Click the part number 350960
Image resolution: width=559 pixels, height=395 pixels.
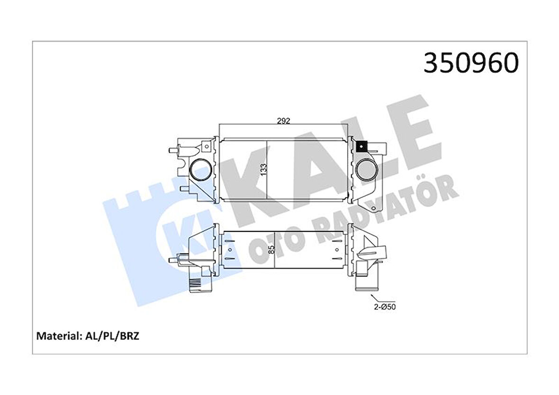pos(470,63)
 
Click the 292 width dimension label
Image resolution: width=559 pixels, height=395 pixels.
pos(283,121)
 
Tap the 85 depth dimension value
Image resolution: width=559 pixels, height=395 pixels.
pos(271,249)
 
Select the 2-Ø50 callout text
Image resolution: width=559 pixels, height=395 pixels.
pos(385,306)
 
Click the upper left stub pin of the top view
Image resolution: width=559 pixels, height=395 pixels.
pos(171,151)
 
